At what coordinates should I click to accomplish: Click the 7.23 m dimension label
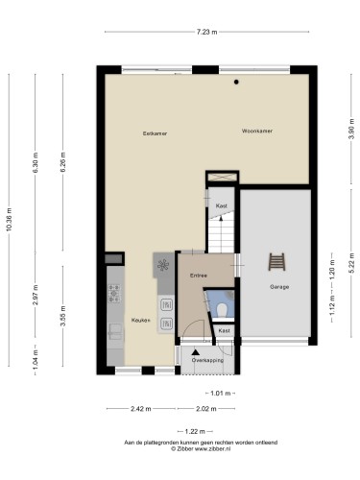[x=206, y=32]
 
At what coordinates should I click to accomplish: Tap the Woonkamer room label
[x=257, y=131]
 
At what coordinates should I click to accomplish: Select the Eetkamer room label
[x=155, y=133]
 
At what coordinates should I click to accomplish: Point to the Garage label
[x=279, y=287]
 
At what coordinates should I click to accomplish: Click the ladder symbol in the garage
[x=276, y=262]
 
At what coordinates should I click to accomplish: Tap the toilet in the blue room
[x=222, y=309]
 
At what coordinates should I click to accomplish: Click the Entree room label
[x=199, y=276]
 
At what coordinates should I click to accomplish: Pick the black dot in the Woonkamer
[x=236, y=82]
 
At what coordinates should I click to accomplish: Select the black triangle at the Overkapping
[x=196, y=352]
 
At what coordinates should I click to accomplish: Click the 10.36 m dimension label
[x=9, y=219]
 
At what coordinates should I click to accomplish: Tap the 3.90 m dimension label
[x=351, y=129]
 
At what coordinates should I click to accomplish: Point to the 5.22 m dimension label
[x=351, y=263]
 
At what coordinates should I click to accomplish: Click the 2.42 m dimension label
[x=141, y=409]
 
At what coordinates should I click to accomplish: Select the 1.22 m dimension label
[x=195, y=432]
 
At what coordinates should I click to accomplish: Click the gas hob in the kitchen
[x=114, y=293]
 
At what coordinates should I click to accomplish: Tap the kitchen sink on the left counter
[x=115, y=331]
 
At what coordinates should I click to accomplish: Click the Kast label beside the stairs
[x=222, y=205]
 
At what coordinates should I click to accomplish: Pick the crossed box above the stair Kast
[x=223, y=177]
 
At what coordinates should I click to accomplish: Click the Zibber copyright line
[x=201, y=448]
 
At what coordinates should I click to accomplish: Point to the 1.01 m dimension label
[x=221, y=394]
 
